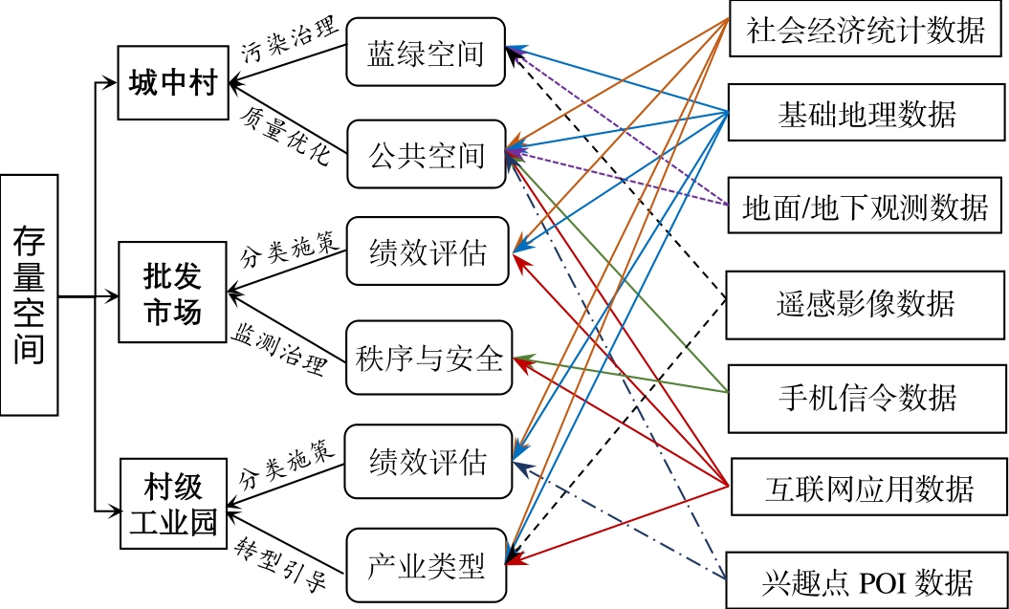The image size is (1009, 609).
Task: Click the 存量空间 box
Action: [29, 294]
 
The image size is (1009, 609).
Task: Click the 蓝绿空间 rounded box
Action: [425, 54]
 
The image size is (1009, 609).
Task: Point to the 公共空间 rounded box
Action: [425, 155]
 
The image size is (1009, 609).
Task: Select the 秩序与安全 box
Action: [429, 359]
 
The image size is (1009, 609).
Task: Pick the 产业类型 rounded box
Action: [425, 566]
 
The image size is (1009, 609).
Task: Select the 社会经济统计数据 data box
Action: [866, 32]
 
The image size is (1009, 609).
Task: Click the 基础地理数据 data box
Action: [866, 116]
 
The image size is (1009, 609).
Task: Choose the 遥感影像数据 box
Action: [866, 304]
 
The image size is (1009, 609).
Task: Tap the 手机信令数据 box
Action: [866, 397]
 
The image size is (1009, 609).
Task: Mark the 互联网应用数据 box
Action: [866, 489]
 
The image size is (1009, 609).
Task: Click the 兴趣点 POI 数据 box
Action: [866, 579]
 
